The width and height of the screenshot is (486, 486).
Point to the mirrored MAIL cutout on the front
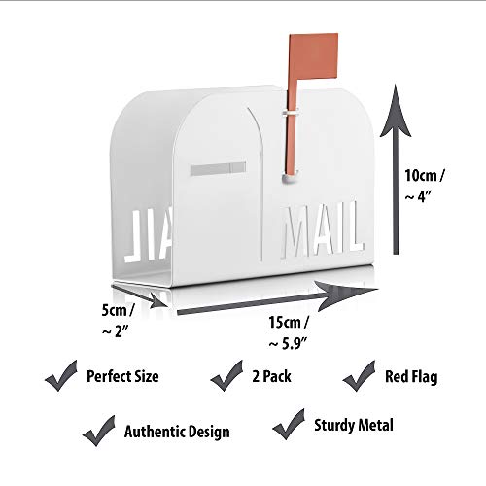click(x=154, y=232)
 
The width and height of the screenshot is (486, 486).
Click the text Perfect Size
click(x=122, y=376)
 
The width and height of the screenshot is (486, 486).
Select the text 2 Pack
click(x=273, y=376)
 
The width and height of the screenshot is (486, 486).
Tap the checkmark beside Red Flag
click(x=360, y=373)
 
